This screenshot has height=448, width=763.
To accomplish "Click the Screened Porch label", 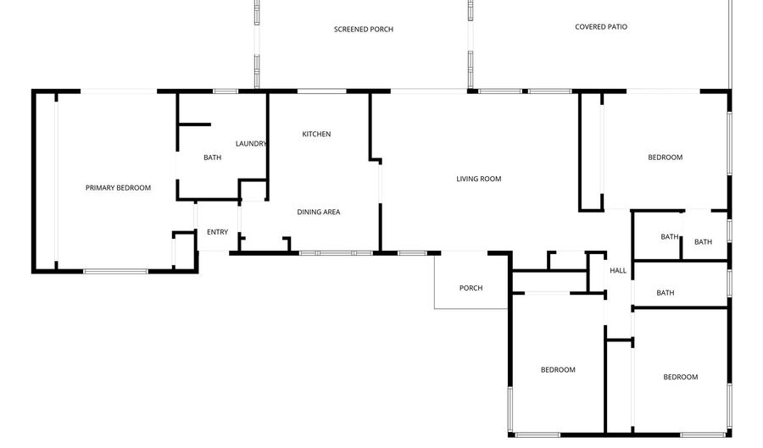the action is tap(364, 29).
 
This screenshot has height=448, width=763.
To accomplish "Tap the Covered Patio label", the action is tap(601, 27).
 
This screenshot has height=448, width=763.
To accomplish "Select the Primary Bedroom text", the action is tap(118, 187).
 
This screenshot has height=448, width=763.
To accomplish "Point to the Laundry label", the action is tap(251, 143).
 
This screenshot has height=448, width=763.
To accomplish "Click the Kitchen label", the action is tap(316, 134).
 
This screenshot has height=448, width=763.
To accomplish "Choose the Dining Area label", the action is tap(319, 212).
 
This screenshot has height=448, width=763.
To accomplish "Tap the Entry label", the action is tap(218, 232).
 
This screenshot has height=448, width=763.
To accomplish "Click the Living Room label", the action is tap(479, 179).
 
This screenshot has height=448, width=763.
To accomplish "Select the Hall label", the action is tap(618, 271).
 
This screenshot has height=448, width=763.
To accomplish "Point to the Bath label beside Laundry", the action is tap(212, 158).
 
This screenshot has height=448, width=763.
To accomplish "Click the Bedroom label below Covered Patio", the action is tap(666, 157).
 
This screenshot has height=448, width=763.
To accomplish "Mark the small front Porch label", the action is tap(471, 288).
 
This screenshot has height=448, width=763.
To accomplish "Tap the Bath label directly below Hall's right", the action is tap(666, 292).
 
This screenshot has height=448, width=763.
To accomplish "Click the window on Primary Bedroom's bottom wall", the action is tap(116, 271).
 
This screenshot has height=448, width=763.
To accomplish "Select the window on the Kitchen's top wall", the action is tap(321, 91).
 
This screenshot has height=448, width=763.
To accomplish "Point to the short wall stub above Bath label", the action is tap(195, 124).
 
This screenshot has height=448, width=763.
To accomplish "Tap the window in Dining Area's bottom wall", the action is tap(336, 253).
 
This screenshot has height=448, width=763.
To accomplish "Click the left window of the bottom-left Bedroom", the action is tap(510, 409).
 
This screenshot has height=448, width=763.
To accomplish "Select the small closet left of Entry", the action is tap(185, 250).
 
